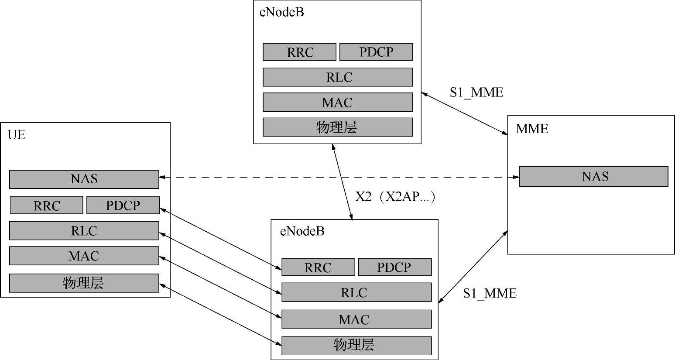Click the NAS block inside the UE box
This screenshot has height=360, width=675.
pyautogui.click(x=84, y=179)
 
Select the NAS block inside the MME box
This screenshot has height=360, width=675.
pyautogui.click(x=593, y=176)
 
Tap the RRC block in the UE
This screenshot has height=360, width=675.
pyautogui.click(x=46, y=206)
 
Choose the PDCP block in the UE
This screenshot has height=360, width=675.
pyautogui.click(x=123, y=206)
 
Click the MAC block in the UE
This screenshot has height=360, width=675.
pyautogui.click(x=84, y=256)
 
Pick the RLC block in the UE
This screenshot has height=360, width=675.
pyautogui.click(x=84, y=231)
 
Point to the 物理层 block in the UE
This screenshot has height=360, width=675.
pyautogui.click(x=84, y=283)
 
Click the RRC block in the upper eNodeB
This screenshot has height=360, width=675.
pyautogui.click(x=300, y=52)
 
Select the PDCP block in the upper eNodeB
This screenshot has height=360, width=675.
pyautogui.click(x=376, y=52)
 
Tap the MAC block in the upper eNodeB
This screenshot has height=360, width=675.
pyautogui.click(x=338, y=103)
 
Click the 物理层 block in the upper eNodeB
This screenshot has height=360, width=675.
pyautogui.click(x=338, y=127)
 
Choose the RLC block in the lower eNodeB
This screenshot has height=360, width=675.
pyautogui.click(x=356, y=292)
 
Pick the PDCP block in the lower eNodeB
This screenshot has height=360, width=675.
pyautogui.click(x=395, y=267)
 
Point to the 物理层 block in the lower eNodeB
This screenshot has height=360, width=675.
pyautogui.click(x=356, y=345)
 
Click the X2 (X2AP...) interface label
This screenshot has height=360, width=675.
pyautogui.click(x=395, y=197)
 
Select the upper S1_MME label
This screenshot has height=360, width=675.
pyautogui.click(x=476, y=93)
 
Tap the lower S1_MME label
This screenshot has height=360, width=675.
pyautogui.click(x=490, y=293)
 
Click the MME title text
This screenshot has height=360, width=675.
pyautogui.click(x=532, y=129)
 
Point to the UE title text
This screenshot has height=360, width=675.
pyautogui.click(x=17, y=135)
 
